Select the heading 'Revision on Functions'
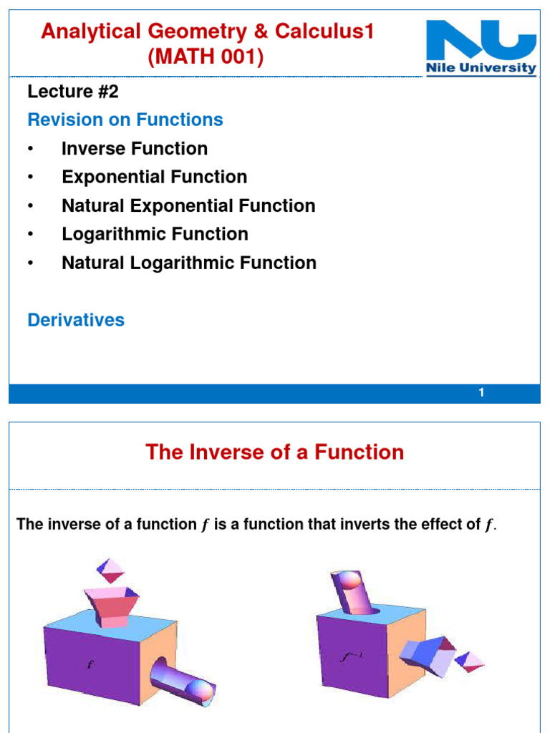125,120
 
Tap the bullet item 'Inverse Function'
135,148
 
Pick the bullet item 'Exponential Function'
154,177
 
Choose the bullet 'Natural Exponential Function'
188,205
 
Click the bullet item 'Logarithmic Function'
155,234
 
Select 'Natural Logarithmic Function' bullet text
189,263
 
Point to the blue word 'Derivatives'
76,320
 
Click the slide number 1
482,393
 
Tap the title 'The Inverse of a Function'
275,452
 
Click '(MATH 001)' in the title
206,57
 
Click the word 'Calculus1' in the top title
332,31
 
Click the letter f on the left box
90,664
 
